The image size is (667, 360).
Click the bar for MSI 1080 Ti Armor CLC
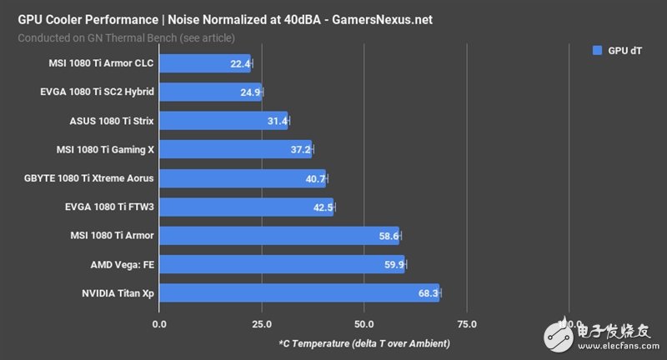pos(204,63)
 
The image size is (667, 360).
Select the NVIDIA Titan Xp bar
pos(298,293)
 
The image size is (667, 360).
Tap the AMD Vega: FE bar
pos(281,265)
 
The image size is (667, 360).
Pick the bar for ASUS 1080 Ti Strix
pos(223,121)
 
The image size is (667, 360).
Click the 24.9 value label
pos(250,92)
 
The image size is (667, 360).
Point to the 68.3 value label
pos(428,293)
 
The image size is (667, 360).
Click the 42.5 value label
pos(323,207)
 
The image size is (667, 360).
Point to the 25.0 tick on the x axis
pos(261,323)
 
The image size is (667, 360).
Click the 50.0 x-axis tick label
pos(364,323)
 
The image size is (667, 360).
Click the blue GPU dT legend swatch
pos(597,50)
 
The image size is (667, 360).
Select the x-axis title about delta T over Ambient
pos(364,343)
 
